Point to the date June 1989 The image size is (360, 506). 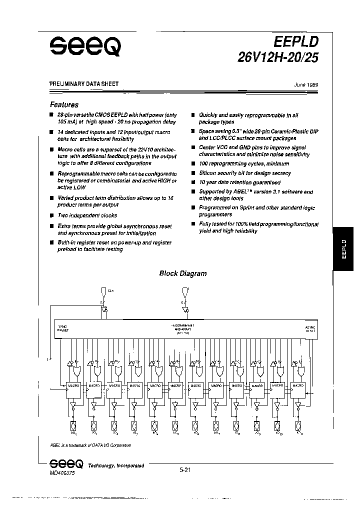pyautogui.click(x=306, y=85)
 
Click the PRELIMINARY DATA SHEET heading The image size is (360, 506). pyautogui.click(x=84, y=84)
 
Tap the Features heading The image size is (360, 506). pyautogui.click(x=64, y=105)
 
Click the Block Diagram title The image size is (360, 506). pyautogui.click(x=182, y=273)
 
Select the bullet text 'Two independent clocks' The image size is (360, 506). pyautogui.click(x=87, y=215)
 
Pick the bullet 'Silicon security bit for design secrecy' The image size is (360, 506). pyautogui.click(x=244, y=173)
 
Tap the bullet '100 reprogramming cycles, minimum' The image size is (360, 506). pyautogui.click(x=243, y=164)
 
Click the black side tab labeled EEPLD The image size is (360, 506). pyautogui.click(x=344, y=248)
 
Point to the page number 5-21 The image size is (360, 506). pyautogui.click(x=184, y=469)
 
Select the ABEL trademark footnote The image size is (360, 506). pyautogui.click(x=90, y=444)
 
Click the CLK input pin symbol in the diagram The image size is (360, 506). pyautogui.click(x=103, y=290)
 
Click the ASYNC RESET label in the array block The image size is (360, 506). pyautogui.click(x=310, y=328)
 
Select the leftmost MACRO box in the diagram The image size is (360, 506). pyautogui.click(x=74, y=386)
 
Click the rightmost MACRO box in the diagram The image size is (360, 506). pyautogui.click(x=298, y=386)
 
